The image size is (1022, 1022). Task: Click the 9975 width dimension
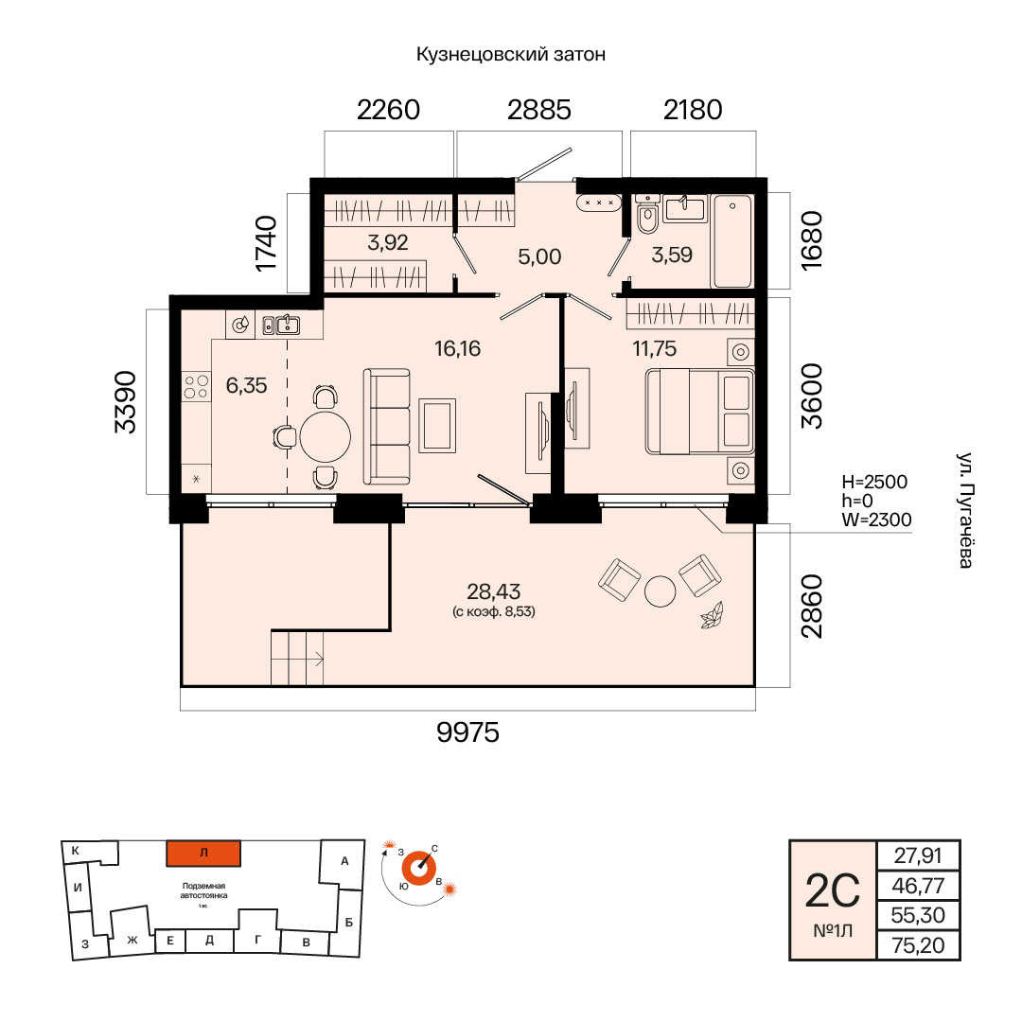click(x=467, y=732)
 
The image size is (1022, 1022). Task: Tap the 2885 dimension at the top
click(x=539, y=110)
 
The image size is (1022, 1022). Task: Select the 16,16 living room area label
click(x=458, y=348)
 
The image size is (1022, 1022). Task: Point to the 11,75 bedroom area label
click(x=655, y=348)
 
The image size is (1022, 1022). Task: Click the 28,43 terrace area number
click(x=493, y=591)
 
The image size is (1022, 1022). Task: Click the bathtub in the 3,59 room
click(x=732, y=240)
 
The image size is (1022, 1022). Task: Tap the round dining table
click(x=326, y=436)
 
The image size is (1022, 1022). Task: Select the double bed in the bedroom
click(x=699, y=412)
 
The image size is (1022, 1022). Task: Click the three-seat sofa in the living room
click(x=386, y=427)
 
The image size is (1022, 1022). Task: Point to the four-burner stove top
click(x=196, y=385)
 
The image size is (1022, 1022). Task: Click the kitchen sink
click(x=281, y=324)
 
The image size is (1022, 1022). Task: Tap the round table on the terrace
click(x=661, y=591)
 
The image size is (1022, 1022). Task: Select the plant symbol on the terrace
click(x=711, y=615)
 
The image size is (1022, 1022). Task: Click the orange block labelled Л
click(x=203, y=854)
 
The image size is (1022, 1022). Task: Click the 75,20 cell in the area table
click(x=918, y=945)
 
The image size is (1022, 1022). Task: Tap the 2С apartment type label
click(x=833, y=891)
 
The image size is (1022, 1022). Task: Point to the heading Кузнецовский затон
click(x=511, y=55)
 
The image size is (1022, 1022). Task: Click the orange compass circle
click(x=418, y=868)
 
